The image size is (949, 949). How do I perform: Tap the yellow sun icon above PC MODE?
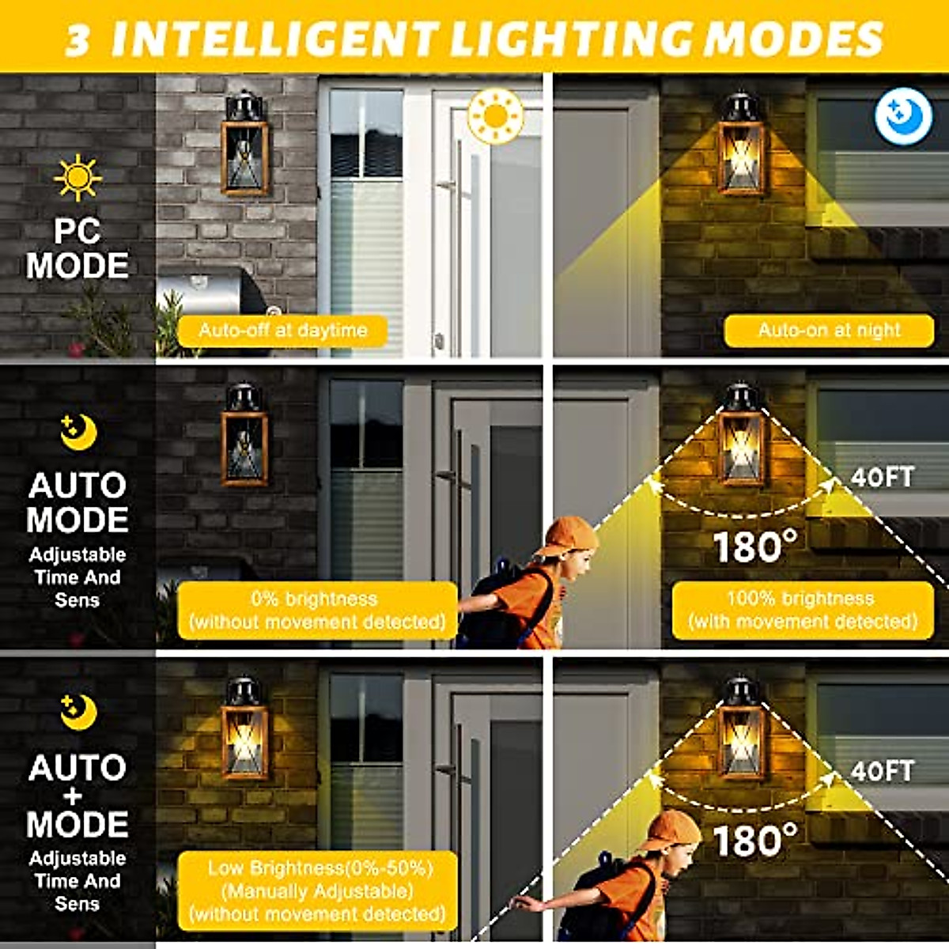[78, 177]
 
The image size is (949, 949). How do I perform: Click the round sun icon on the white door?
[496, 116]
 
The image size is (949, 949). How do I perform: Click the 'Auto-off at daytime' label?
[282, 330]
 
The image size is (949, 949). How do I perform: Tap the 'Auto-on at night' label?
[829, 330]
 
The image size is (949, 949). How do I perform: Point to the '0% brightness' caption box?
[317, 610]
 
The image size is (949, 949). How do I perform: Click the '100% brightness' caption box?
[803, 610]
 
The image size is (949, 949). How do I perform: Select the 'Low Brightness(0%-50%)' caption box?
[317, 890]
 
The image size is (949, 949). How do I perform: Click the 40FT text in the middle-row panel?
[883, 477]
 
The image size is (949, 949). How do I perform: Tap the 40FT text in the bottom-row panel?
[883, 770]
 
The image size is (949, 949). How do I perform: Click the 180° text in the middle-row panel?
[755, 546]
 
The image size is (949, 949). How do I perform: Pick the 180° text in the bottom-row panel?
[755, 840]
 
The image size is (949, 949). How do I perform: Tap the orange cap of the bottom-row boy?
[671, 829]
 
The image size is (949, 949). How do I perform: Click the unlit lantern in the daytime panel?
[245, 146]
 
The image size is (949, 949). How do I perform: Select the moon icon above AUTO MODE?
[78, 432]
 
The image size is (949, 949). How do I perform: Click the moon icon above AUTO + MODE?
[78, 712]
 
